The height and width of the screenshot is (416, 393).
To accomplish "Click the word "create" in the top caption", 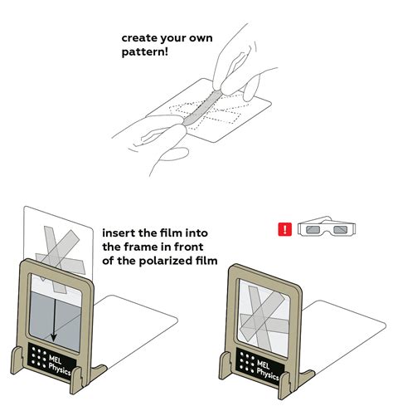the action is [139, 38].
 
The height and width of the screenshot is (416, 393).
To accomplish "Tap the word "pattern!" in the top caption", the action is [145, 52].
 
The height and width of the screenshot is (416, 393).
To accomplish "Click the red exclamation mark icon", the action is [284, 229].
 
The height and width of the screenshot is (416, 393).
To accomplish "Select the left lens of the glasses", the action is [313, 229].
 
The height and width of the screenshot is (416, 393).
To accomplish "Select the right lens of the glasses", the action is [341, 229].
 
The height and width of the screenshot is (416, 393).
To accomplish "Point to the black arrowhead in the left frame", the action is [54, 338].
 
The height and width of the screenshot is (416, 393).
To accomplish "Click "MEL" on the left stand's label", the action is [55, 360].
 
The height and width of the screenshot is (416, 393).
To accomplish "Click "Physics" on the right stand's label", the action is [267, 375].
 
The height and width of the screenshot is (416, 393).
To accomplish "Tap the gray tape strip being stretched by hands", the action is [201, 107].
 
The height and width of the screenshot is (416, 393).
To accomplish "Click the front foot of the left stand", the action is [76, 379].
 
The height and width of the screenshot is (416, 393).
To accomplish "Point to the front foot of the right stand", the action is [284, 385].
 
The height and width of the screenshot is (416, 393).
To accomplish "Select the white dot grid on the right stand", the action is [247, 361].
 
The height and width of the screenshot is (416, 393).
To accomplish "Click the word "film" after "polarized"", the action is [207, 261].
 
